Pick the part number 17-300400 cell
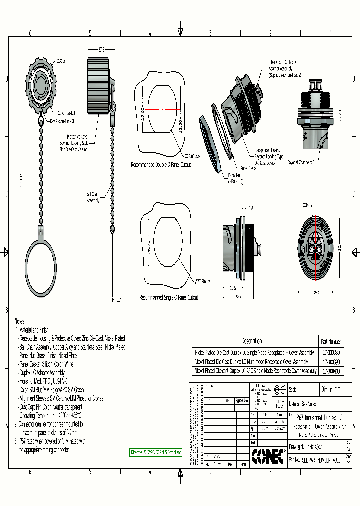tap(331, 371)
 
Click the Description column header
tap(251, 341)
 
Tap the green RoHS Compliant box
tap(156, 452)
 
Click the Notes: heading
tap(20, 321)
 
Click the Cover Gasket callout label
tap(66, 113)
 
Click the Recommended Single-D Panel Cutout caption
tap(168, 297)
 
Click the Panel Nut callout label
tap(235, 178)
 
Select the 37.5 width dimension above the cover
tap(101, 50)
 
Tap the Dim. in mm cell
tap(331, 390)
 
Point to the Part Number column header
tap(331, 342)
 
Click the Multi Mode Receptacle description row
tap(255, 361)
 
